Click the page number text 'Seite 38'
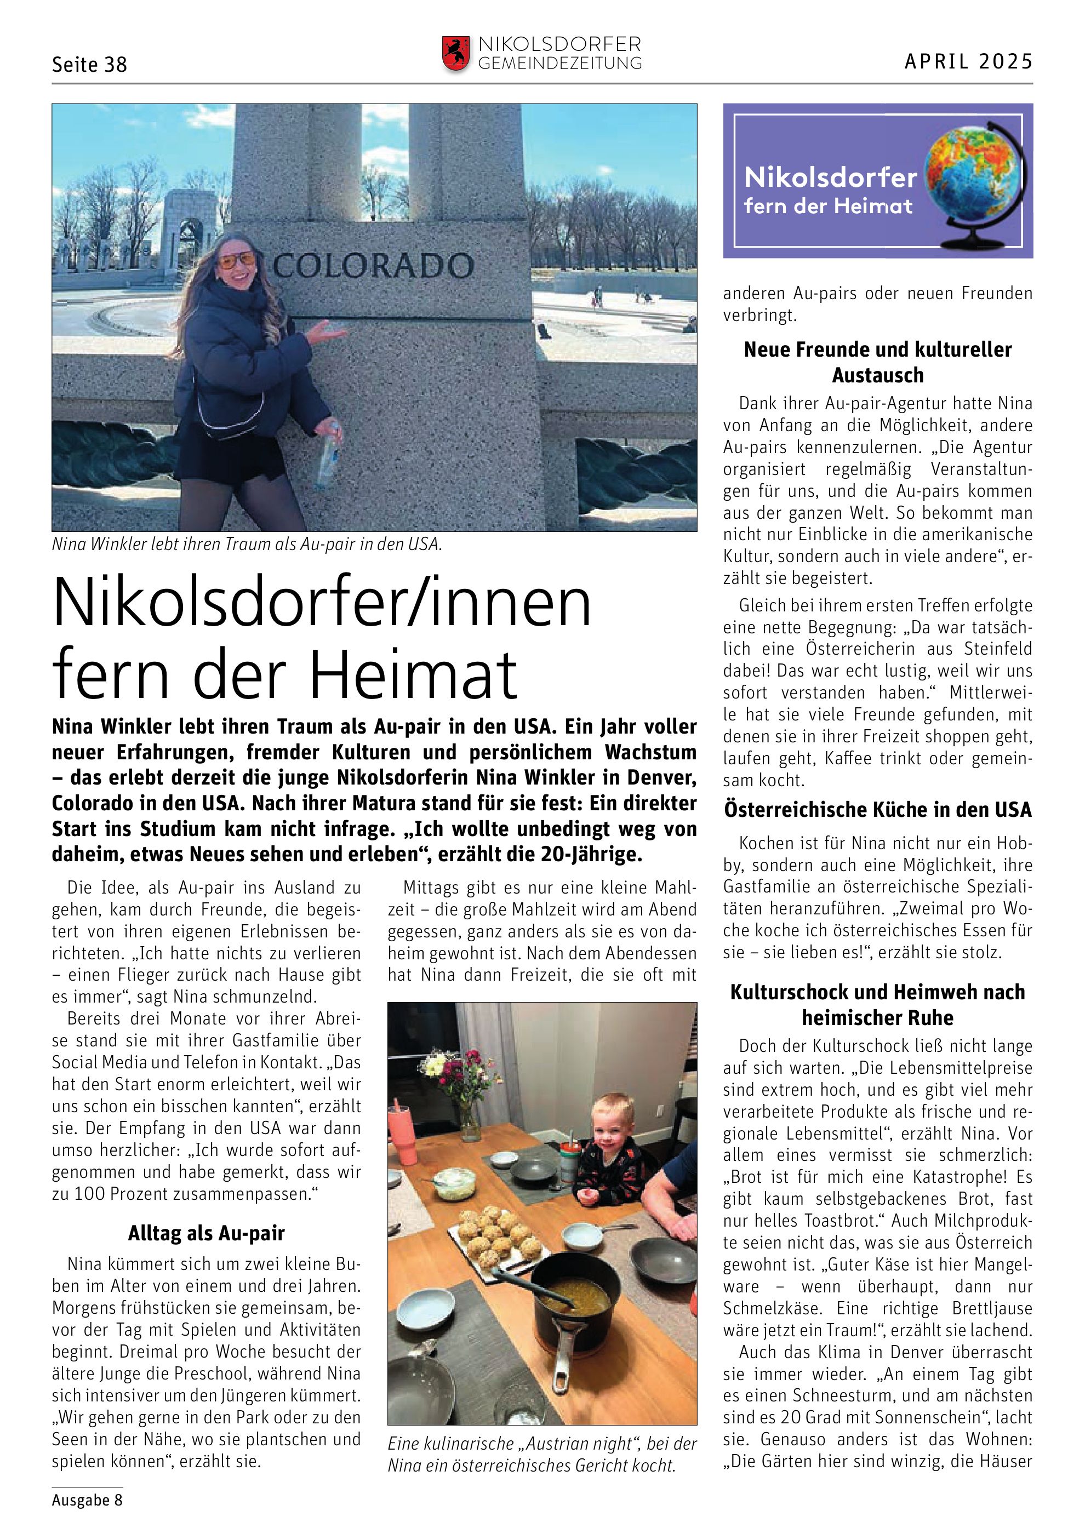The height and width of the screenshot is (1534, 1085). pyautogui.click(x=89, y=65)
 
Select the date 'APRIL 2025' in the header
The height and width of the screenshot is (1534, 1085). pyautogui.click(x=968, y=61)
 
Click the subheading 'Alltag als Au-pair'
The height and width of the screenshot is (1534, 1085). pyautogui.click(x=207, y=1233)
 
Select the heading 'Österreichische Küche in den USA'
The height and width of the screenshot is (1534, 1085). pyautogui.click(x=878, y=810)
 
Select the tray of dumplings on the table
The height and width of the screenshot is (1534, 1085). pyautogui.click(x=496, y=1234)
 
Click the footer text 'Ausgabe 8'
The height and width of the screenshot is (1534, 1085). pyautogui.click(x=88, y=1500)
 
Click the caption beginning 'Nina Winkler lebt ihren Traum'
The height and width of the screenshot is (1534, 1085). pyautogui.click(x=247, y=545)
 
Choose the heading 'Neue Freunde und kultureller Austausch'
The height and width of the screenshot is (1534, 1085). pyautogui.click(x=878, y=362)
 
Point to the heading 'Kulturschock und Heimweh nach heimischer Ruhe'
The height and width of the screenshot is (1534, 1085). pyautogui.click(x=878, y=1005)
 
